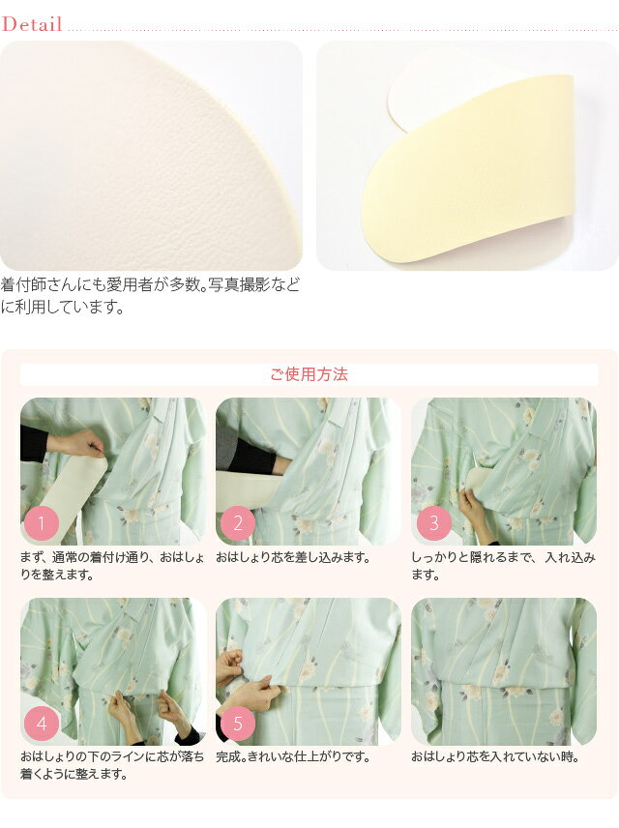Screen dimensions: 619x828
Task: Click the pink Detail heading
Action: tap(32, 24)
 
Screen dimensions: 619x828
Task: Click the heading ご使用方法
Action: tap(309, 374)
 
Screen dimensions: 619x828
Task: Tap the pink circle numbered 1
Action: tap(42, 522)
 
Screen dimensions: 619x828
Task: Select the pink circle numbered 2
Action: tap(237, 522)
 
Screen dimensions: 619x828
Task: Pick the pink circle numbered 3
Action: tap(433, 522)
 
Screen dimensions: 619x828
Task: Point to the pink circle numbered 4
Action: tap(42, 724)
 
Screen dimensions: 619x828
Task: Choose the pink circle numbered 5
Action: tap(237, 724)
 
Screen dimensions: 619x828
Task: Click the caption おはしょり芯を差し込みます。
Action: tap(294, 557)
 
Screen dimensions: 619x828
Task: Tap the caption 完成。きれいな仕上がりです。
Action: tap(294, 756)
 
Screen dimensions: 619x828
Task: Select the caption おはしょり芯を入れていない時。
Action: tap(496, 756)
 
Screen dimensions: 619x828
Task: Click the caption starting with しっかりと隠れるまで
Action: tap(503, 566)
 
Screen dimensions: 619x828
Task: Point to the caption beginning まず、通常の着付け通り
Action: tap(112, 566)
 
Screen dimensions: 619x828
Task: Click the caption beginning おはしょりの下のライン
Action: tap(112, 765)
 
